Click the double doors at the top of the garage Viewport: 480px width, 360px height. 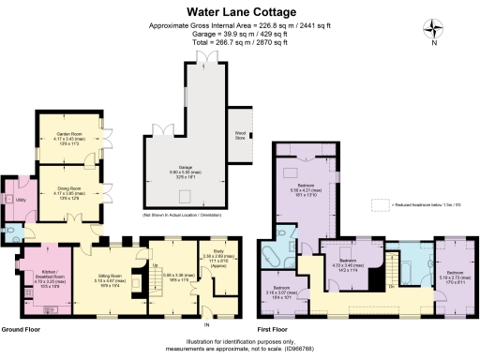pyautogui.click(x=204, y=59)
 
